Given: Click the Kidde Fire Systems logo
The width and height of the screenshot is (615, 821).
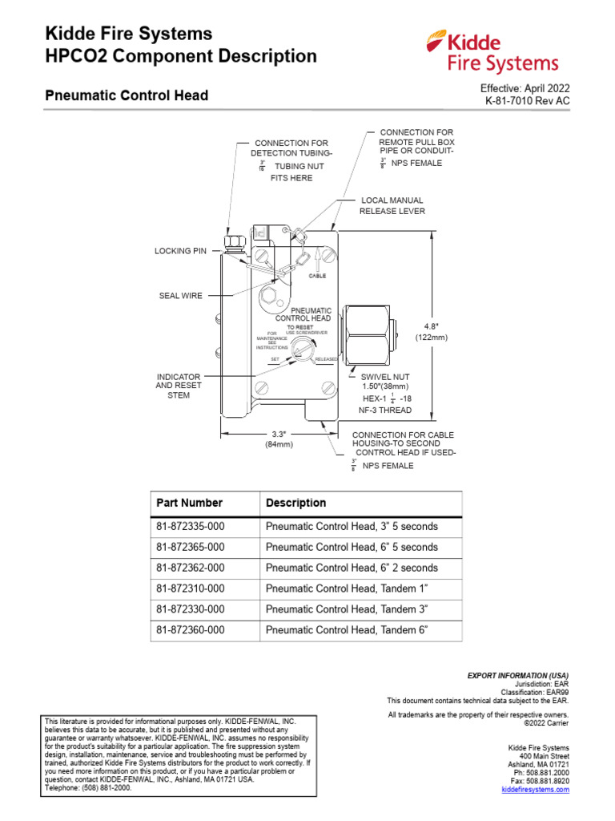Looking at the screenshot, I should (x=491, y=51).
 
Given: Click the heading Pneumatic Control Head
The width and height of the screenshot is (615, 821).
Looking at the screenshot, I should (x=126, y=95).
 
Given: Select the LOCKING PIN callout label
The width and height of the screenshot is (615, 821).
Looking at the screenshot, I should (x=180, y=251).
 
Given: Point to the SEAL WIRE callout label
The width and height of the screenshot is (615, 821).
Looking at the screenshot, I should (x=180, y=296).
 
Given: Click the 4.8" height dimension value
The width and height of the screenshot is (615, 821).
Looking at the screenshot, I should (x=432, y=326).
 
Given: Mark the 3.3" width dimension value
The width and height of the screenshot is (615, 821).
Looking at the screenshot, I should (x=279, y=434).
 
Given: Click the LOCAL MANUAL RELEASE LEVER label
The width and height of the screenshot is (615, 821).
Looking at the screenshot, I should (x=392, y=206).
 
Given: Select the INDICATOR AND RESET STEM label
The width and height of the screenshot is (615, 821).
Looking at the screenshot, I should (x=179, y=386).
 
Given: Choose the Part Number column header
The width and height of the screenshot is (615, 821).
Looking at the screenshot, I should (x=190, y=503).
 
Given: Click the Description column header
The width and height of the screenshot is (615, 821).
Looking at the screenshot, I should (x=295, y=503).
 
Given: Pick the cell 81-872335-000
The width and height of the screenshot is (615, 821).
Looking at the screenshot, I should (x=191, y=527).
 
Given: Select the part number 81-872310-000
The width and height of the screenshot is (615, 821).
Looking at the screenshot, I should (x=191, y=589).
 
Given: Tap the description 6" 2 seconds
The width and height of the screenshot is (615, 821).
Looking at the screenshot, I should (x=352, y=568).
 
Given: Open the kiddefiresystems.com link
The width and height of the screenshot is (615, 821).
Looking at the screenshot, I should (x=535, y=790).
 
